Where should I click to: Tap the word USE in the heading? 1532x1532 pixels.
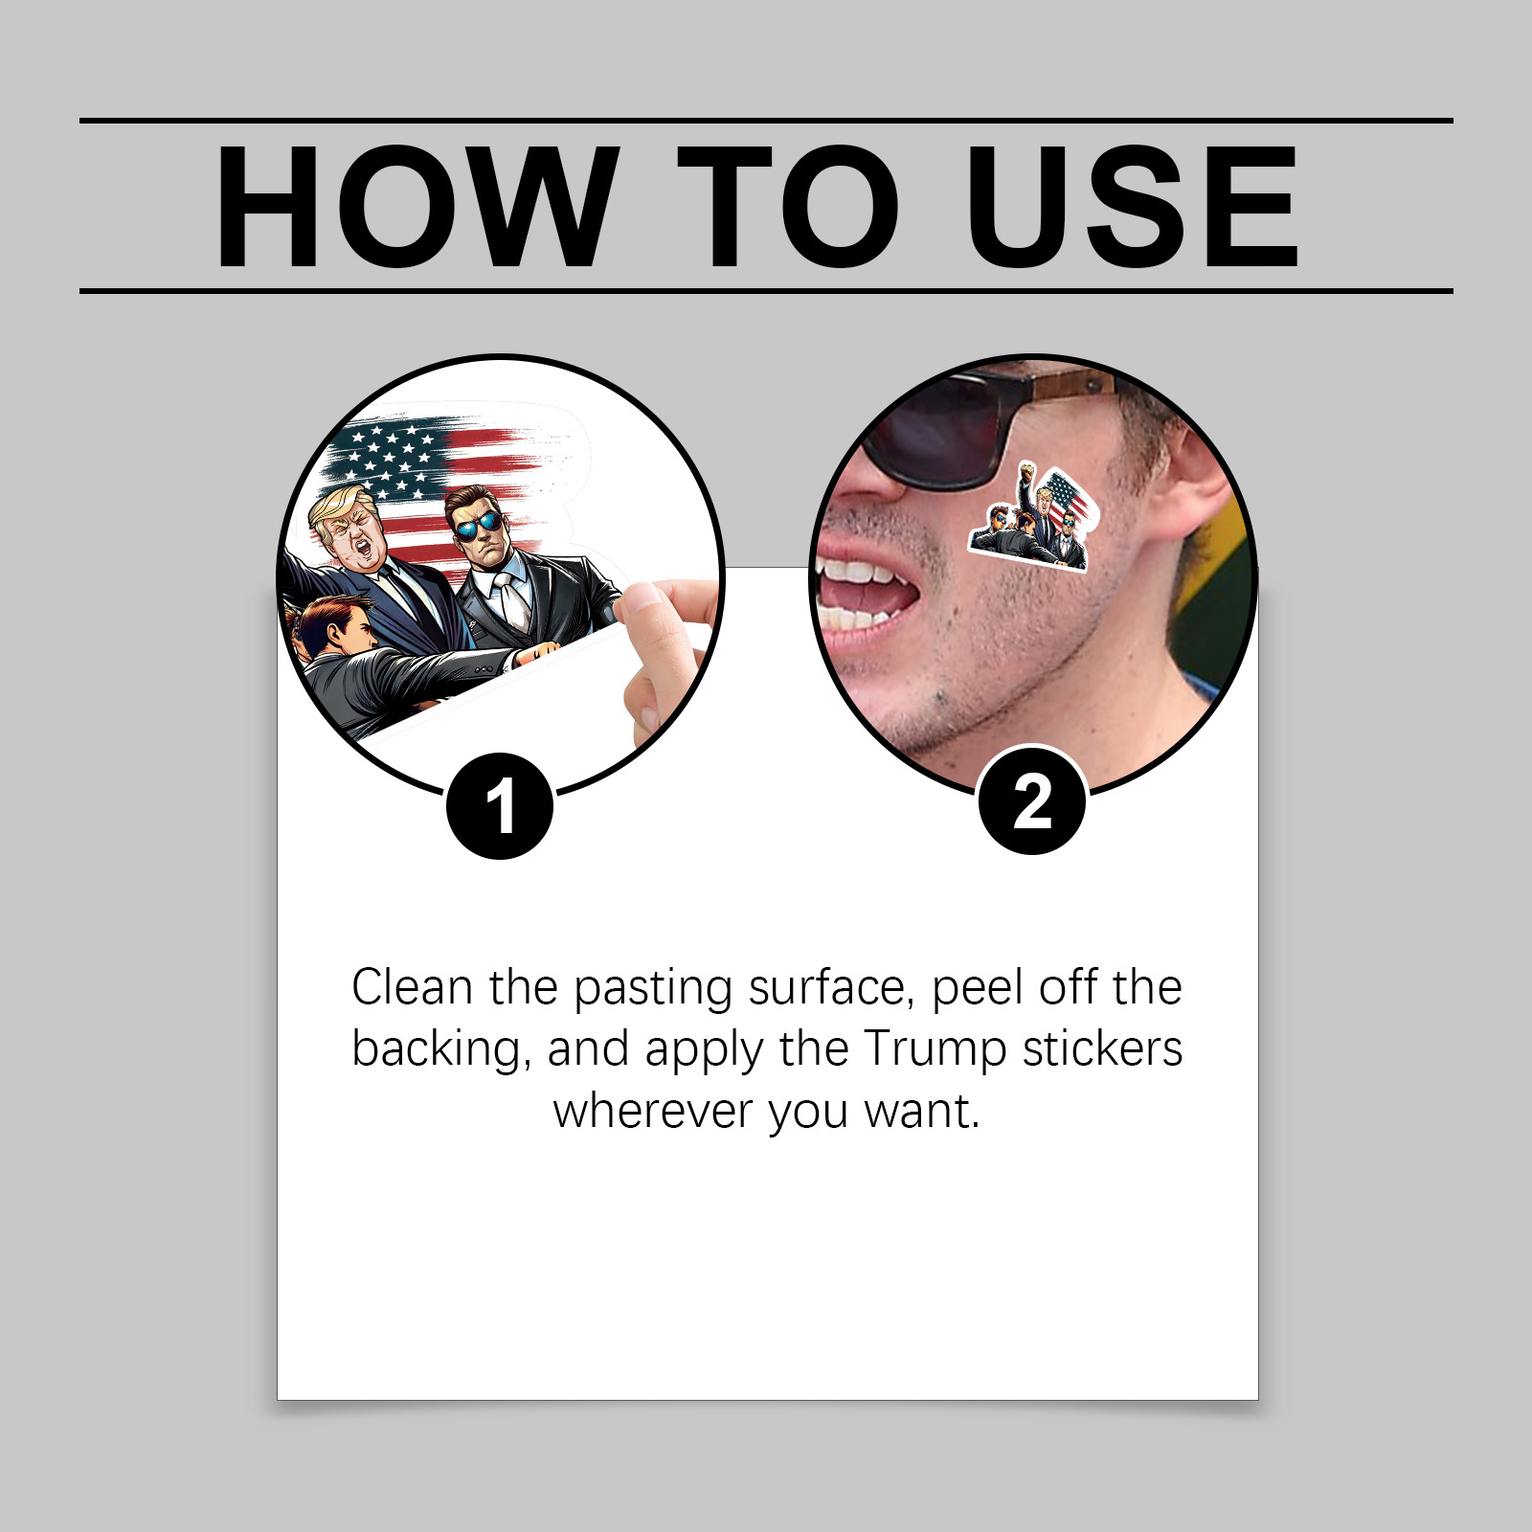click(x=1133, y=207)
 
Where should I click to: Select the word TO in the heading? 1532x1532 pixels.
click(x=787, y=207)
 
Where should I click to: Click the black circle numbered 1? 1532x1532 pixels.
click(x=500, y=805)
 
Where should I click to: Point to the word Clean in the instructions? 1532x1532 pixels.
click(x=413, y=987)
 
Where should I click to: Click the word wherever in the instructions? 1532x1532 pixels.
click(x=654, y=1112)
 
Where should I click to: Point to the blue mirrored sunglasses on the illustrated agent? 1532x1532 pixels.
click(x=479, y=527)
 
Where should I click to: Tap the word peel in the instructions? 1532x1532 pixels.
click(x=978, y=989)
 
